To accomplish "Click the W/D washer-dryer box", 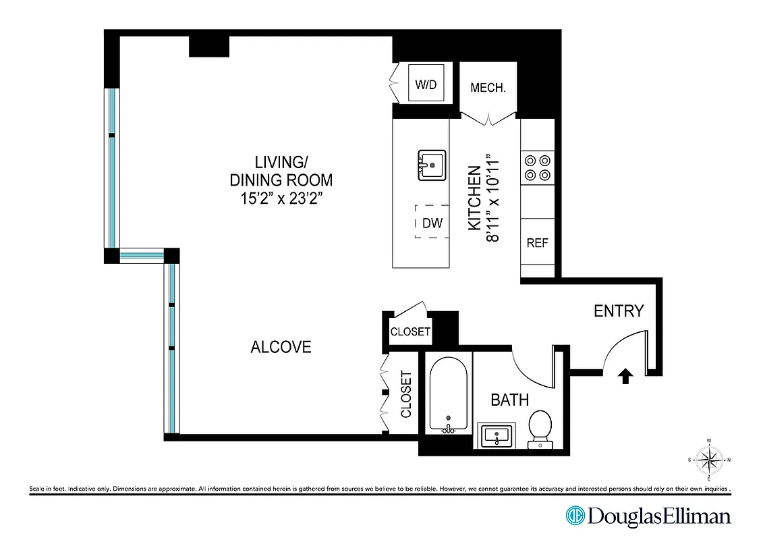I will click(x=426, y=85).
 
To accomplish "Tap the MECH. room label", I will click(x=488, y=88).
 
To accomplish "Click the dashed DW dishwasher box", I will click(x=432, y=223).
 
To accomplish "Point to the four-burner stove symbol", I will click(x=537, y=167).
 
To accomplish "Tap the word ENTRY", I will click(x=619, y=311).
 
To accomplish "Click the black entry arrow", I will click(x=625, y=376).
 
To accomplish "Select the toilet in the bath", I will click(x=540, y=428).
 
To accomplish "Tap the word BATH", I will click(x=509, y=400).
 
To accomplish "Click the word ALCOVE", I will click(x=281, y=347).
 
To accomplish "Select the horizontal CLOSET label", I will click(x=410, y=331).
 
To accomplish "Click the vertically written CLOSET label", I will click(x=406, y=394).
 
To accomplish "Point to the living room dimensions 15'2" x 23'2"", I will click(x=281, y=199).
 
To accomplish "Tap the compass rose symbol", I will click(x=709, y=461).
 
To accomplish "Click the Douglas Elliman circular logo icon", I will click(x=575, y=516).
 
